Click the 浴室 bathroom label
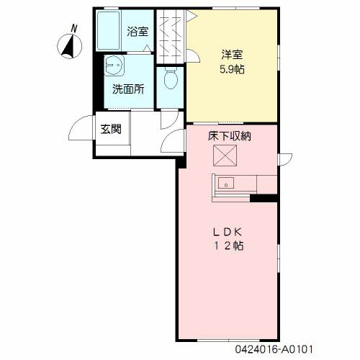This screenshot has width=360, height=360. (x=138, y=32)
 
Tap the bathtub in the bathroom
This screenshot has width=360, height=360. (x=108, y=30)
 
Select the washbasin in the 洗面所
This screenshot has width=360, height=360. (x=114, y=66)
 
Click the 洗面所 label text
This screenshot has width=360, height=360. (x=128, y=89)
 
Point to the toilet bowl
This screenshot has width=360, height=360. (x=171, y=78)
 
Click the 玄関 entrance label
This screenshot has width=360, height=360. (x=111, y=129)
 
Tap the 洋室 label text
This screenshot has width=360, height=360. (x=232, y=55)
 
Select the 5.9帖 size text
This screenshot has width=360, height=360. (x=232, y=70)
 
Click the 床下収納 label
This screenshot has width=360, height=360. (x=230, y=136)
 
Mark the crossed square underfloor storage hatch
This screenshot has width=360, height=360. (x=225, y=156)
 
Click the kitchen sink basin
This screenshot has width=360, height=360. (x=226, y=184)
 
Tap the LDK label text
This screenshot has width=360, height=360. (x=228, y=232)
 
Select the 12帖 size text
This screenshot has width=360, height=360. (x=229, y=246)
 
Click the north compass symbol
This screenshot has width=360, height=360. (x=70, y=46)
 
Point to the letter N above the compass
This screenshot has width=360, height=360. (x=74, y=28)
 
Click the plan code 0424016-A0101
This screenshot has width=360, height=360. (x=274, y=349)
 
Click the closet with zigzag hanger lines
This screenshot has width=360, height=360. (x=170, y=37)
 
